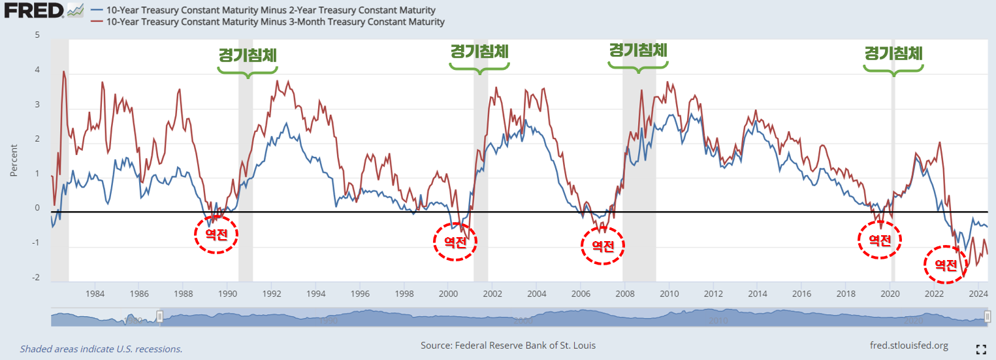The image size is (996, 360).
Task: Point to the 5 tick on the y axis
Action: click(x=37, y=35)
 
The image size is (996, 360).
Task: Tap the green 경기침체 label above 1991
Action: click(x=248, y=55)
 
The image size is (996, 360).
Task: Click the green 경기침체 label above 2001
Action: click(x=479, y=51)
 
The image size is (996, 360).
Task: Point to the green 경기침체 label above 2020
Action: click(x=893, y=54)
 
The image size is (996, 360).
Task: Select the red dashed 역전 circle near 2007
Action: click(x=603, y=246)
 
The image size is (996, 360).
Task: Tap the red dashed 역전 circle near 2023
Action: click(x=945, y=265)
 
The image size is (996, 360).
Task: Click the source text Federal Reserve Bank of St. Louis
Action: click(x=507, y=345)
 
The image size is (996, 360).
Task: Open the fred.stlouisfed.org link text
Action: click(x=909, y=345)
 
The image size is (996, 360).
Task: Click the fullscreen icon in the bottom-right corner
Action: click(x=980, y=349)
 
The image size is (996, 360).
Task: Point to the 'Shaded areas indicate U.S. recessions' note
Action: click(x=101, y=349)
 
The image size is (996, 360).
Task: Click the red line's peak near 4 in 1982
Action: click(x=64, y=71)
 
